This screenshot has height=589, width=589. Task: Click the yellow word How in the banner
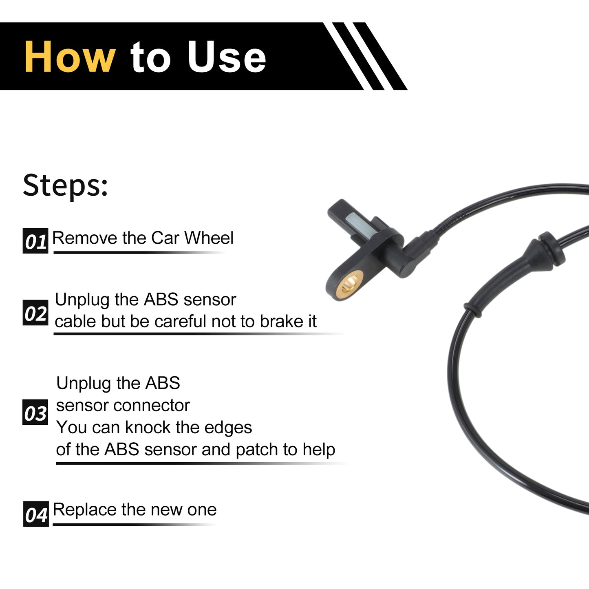click(70, 57)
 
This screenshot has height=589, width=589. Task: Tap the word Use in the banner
click(227, 57)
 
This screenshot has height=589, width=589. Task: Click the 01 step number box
click(35, 241)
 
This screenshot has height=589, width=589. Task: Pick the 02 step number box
click(35, 313)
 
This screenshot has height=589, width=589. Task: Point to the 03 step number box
click(35, 412)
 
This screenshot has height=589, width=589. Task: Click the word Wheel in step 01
click(209, 238)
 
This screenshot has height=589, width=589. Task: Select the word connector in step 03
click(152, 406)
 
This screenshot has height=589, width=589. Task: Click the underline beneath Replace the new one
click(135, 525)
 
